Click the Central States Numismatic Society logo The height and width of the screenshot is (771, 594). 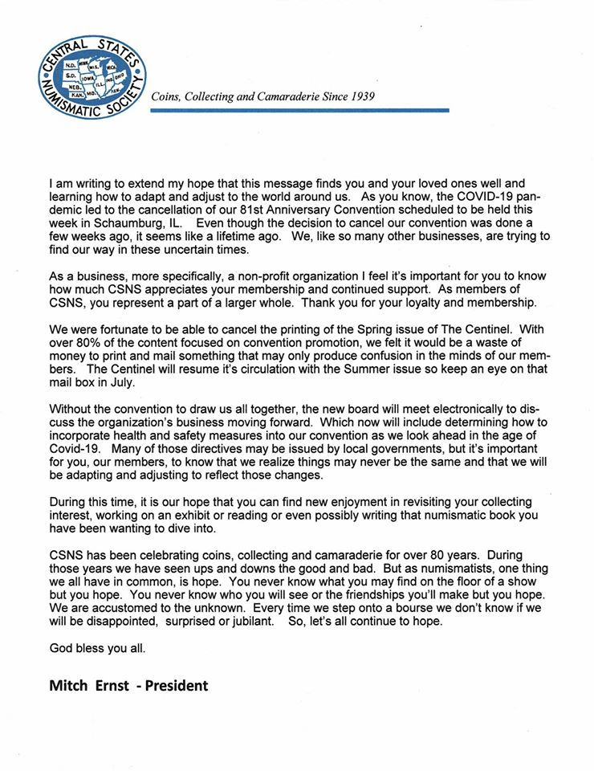point(92,75)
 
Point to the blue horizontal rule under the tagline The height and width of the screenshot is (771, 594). point(299,110)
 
